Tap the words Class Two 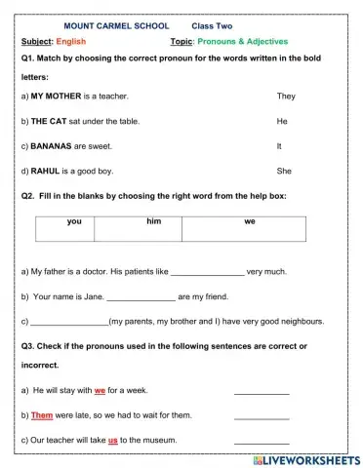coord(213,25)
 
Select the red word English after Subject coord(70,42)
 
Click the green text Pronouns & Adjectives coord(246,42)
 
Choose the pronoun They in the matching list coord(286,97)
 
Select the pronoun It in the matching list coord(280,145)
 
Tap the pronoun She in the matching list coord(284,171)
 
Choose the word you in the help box coord(74,222)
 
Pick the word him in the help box coord(153,222)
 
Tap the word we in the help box coord(250,222)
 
